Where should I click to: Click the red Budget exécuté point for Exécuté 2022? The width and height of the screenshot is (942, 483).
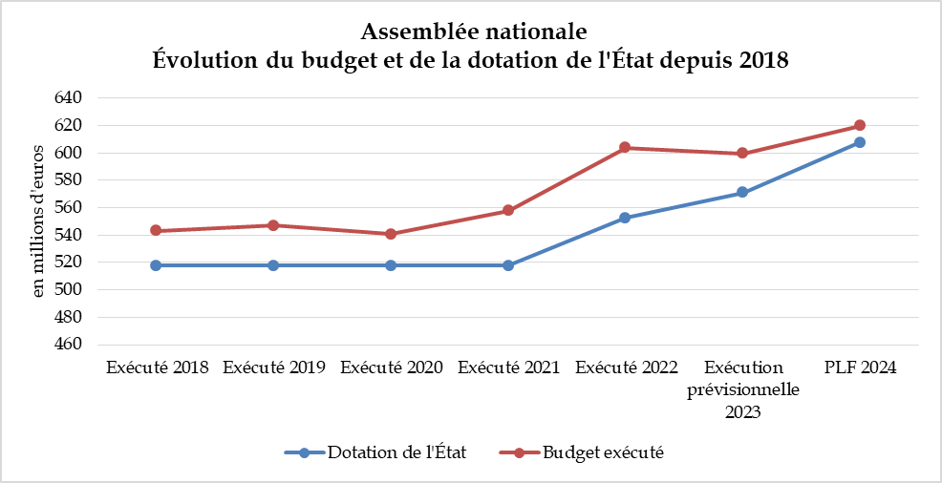[x=625, y=147]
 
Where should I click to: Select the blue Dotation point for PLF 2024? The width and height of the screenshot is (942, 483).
[x=860, y=142]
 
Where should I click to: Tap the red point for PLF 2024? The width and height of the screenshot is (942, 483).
[x=860, y=125]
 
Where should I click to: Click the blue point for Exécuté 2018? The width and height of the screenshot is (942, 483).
[x=155, y=265]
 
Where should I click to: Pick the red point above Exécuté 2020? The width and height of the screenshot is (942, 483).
[x=391, y=234]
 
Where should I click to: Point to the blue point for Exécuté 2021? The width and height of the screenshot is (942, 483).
[x=508, y=265]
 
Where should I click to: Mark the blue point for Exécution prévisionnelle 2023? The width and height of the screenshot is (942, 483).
[x=742, y=193]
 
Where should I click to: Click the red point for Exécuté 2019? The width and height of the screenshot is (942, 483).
[x=273, y=225]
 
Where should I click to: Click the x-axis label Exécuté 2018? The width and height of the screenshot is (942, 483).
[x=158, y=367]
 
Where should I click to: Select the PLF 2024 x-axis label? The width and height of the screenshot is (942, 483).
[x=860, y=367]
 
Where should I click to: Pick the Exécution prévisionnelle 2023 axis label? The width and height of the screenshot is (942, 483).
[x=742, y=389]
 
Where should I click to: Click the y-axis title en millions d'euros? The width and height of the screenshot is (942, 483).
[x=39, y=221]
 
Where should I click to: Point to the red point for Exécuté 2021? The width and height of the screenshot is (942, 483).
[x=508, y=210]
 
